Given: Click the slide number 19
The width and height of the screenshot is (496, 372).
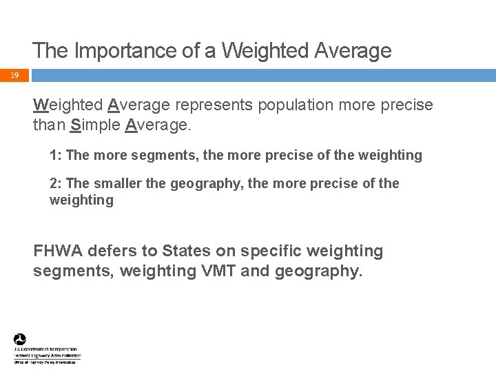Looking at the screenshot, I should coord(14,76).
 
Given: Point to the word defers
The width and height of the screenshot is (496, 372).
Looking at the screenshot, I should coord(114,251).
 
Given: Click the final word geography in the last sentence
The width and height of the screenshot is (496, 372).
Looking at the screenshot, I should coord(318,272).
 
